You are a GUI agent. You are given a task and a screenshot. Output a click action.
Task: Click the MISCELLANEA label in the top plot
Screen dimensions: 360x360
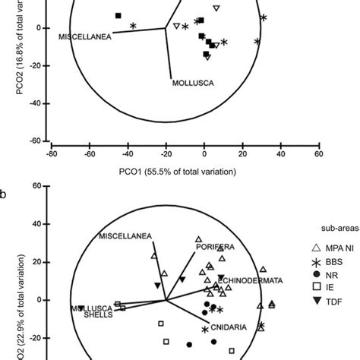point(86,35)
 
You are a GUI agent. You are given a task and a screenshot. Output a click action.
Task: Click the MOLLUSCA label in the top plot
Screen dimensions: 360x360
point(191,83)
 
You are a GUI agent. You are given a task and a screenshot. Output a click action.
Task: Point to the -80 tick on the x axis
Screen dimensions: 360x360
point(51,155)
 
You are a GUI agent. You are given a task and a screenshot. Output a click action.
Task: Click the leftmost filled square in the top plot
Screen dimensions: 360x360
point(118,16)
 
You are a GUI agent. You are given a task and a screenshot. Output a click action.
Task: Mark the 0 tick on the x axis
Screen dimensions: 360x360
point(204,155)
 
